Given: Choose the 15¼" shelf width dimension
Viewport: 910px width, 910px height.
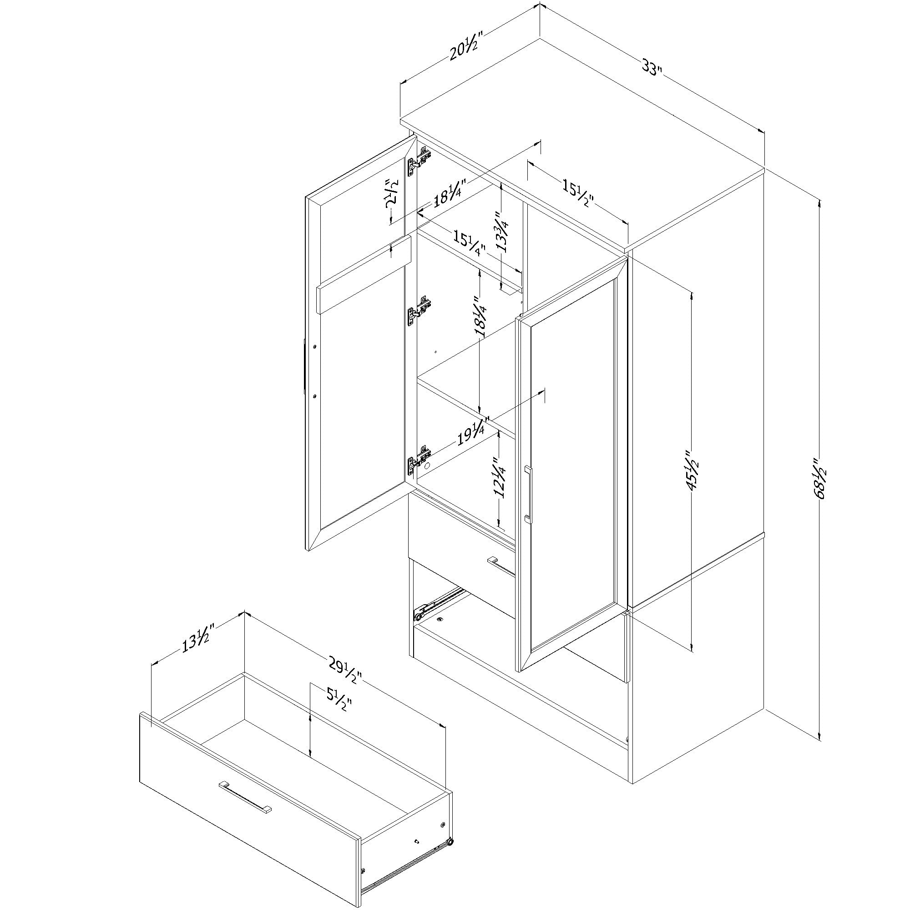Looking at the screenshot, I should tap(469, 242).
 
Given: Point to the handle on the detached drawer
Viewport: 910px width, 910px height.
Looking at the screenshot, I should tap(245, 796).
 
